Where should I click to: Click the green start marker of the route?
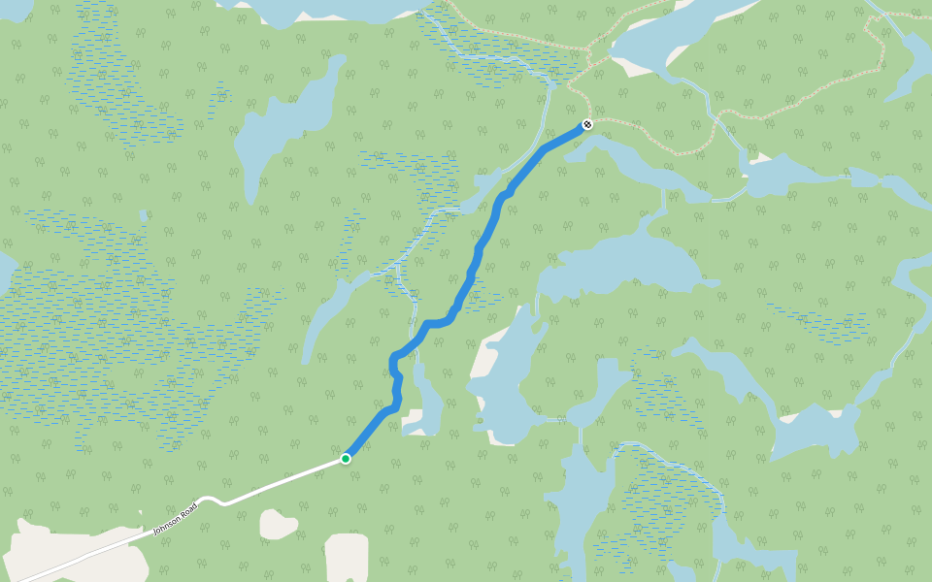coord(346,459)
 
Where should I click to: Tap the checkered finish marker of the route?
coord(586,124)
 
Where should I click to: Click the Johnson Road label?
coord(175,518)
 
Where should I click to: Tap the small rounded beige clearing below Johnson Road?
coord(278,525)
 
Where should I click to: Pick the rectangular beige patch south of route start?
coord(347,557)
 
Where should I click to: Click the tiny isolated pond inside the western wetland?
coord(144,216)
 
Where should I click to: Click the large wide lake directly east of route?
coord(621,267)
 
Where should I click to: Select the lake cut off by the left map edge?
coord(5,272)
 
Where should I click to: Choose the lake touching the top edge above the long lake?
coord(311,10)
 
